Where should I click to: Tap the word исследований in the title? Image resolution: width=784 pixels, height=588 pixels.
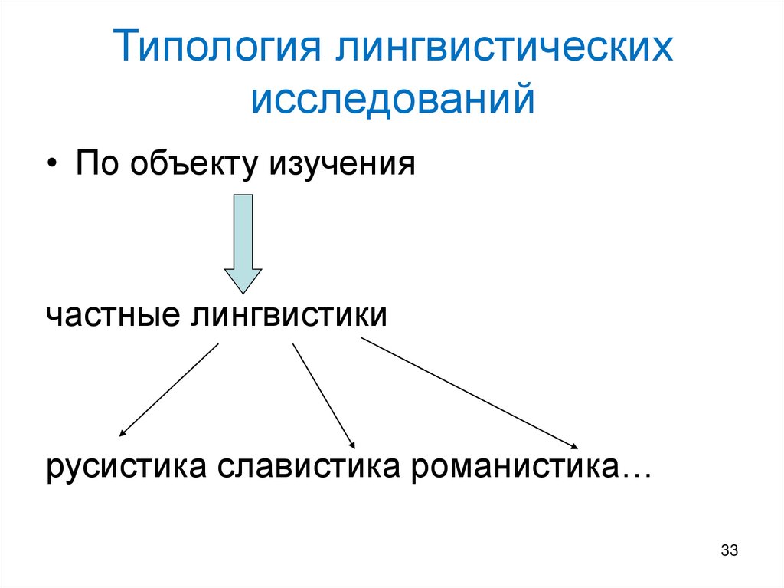[394, 101]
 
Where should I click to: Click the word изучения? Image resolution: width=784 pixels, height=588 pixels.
[341, 166]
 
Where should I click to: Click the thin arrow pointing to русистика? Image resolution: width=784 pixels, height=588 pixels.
[170, 389]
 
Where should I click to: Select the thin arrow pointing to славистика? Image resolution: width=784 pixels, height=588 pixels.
[322, 394]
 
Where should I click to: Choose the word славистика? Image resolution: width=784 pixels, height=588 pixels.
[309, 466]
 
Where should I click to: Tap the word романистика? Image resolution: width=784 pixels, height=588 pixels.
[514, 466]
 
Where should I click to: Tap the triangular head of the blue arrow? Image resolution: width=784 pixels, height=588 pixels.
[243, 280]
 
